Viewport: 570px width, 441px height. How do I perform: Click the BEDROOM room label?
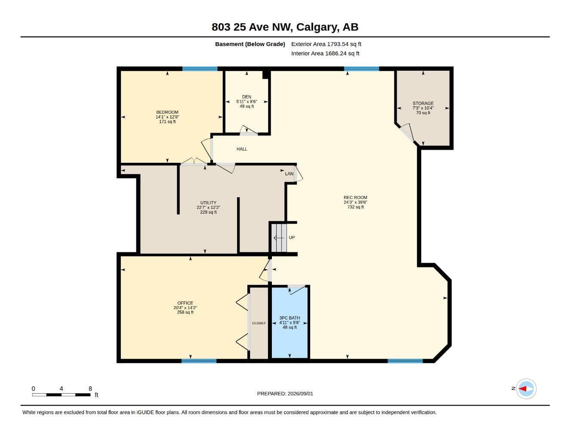point(167,112)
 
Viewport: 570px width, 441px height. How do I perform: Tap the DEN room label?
point(246,97)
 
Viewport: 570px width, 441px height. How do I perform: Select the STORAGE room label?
point(423,103)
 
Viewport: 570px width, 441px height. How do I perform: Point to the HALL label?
point(242,149)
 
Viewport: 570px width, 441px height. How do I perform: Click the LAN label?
point(289,174)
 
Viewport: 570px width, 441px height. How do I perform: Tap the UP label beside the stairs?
point(292,238)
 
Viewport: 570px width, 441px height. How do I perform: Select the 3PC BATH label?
point(290,318)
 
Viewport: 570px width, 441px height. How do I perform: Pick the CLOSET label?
point(259,323)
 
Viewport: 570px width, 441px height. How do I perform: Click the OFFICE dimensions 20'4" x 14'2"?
point(185,307)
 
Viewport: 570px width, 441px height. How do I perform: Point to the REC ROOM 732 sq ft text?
point(355,207)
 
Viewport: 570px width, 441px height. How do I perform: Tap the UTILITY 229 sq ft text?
point(208,212)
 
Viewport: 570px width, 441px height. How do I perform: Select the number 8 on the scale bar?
point(90,388)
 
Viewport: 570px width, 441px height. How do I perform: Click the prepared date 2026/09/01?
point(300,394)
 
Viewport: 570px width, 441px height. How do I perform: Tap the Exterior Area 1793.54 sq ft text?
point(326,44)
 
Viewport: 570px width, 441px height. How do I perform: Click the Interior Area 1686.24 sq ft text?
point(325,53)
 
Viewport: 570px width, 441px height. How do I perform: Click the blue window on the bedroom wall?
point(200,69)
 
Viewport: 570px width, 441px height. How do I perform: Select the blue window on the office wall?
point(199,361)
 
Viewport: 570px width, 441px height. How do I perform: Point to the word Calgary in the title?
point(316,27)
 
